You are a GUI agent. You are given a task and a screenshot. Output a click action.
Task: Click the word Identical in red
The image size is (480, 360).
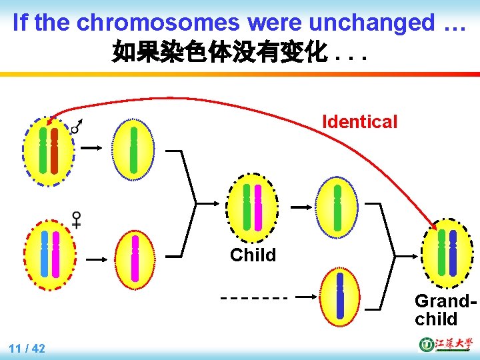pos(359,122)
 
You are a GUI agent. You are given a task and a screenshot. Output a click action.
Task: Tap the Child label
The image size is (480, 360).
pos(253,255)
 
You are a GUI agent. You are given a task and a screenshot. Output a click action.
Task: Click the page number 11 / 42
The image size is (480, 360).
pos(27,348)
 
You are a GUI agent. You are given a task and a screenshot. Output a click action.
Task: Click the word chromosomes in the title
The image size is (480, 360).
pos(159,23)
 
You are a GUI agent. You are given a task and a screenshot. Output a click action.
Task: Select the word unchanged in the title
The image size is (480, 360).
pos(340,23)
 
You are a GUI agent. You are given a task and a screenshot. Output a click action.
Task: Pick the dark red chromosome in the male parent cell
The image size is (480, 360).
pos(55,150)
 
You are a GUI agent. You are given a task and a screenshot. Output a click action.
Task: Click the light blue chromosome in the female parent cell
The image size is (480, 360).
pos(45,253)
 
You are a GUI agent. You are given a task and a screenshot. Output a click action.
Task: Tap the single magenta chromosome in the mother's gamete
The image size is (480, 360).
pos(135,258)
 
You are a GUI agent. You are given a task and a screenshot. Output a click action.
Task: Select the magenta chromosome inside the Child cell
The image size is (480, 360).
pos(258,207)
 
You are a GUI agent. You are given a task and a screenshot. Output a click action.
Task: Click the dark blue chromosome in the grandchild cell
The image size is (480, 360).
pos(453,253)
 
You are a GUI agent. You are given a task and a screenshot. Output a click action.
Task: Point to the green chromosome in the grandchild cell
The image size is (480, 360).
pos(441,253)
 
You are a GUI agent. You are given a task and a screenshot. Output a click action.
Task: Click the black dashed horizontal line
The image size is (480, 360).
pos(254,297)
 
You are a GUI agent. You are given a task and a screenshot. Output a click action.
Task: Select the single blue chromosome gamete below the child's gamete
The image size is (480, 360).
pos(340,295)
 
